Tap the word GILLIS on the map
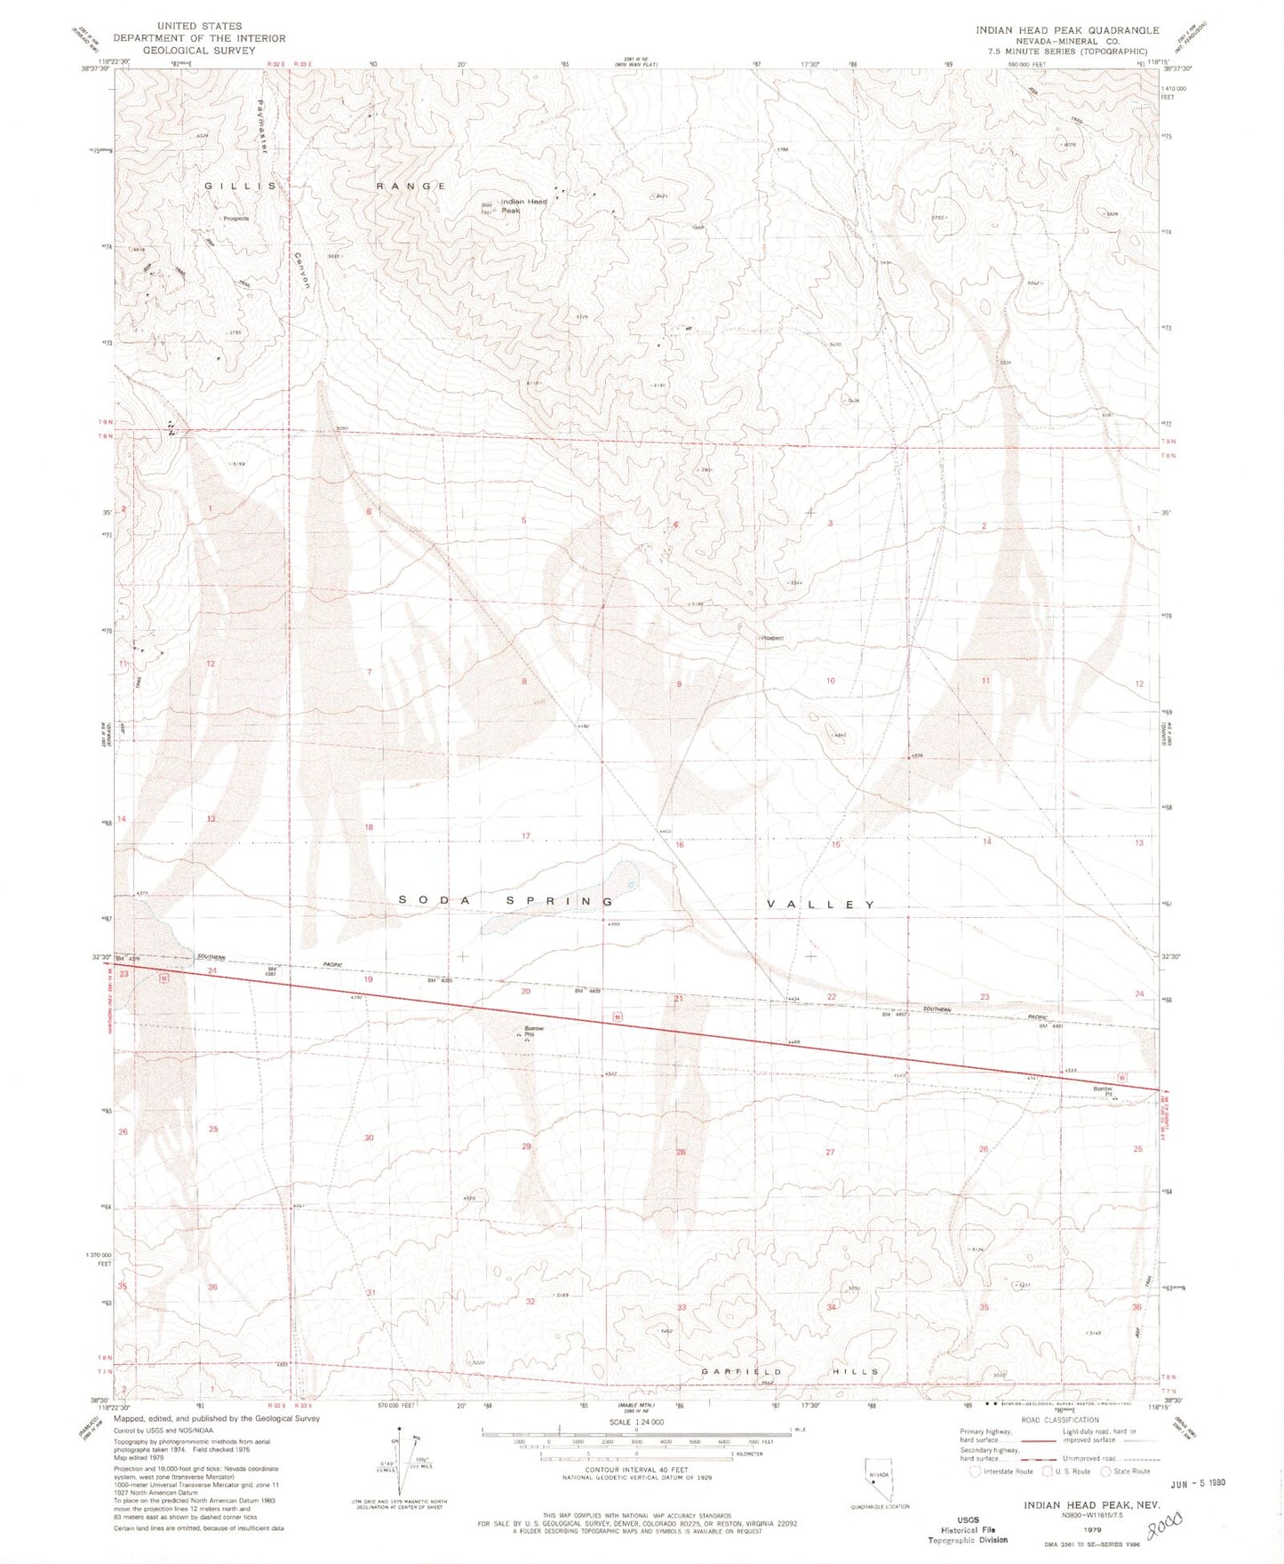235,186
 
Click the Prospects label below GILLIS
236,219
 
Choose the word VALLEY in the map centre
822,905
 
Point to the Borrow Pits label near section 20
534,1032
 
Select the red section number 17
526,836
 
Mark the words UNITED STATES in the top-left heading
199,27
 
